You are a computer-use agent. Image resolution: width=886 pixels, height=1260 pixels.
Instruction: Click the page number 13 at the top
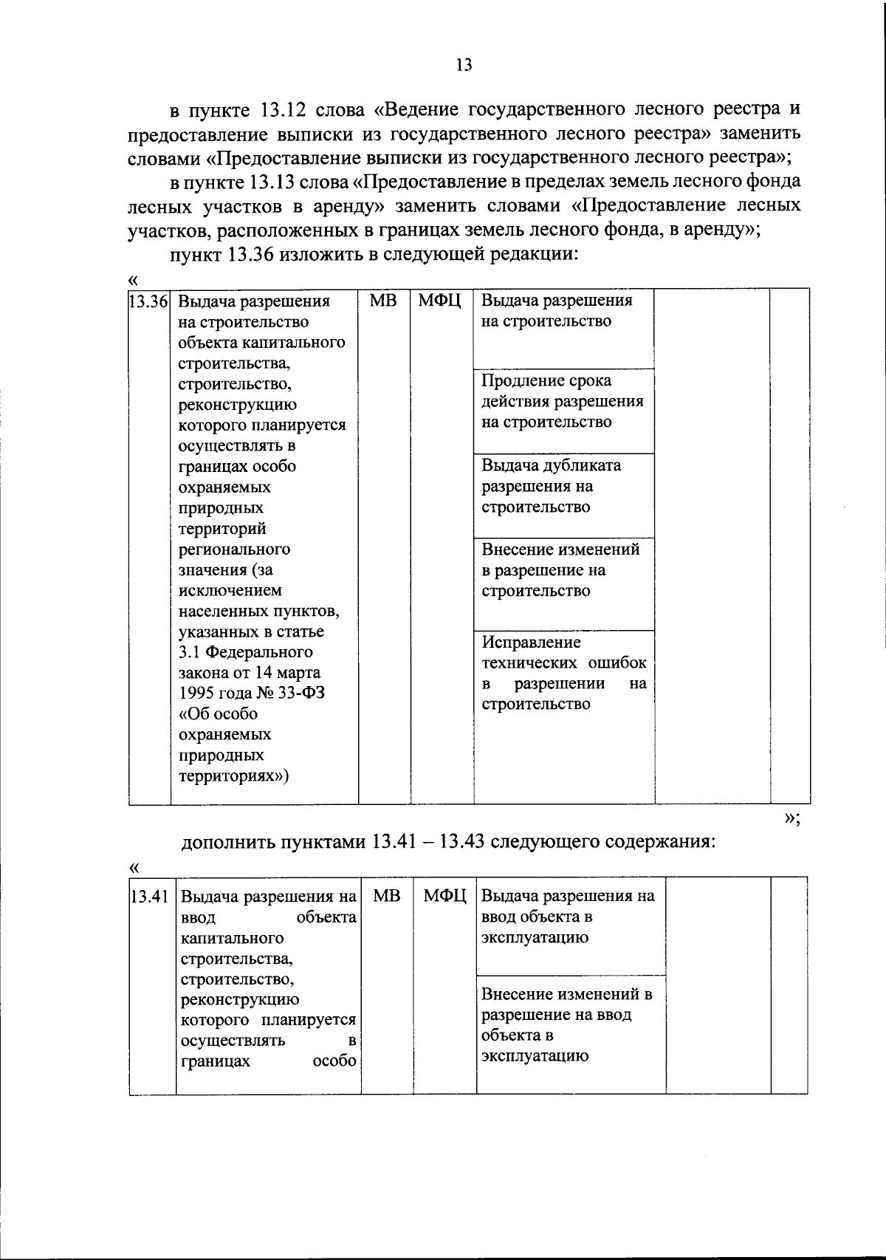[464, 65]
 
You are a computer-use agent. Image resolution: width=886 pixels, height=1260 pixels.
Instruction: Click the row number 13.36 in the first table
[149, 302]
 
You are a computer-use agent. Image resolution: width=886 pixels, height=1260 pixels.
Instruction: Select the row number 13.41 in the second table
[151, 897]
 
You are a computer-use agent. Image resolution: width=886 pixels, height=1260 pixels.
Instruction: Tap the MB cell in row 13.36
[383, 301]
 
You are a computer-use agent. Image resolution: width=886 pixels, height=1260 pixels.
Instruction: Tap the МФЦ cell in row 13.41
[444, 896]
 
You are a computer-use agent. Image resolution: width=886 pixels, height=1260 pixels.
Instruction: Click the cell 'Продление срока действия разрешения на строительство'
[563, 401]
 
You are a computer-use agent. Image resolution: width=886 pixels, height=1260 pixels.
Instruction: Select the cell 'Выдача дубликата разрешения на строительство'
[552, 486]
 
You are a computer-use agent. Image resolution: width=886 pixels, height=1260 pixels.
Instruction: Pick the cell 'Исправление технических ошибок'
[564, 673]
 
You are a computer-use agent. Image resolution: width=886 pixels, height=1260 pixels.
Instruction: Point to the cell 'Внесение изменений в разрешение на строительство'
[560, 570]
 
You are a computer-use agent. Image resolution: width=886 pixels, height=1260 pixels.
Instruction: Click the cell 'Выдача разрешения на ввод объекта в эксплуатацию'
[568, 917]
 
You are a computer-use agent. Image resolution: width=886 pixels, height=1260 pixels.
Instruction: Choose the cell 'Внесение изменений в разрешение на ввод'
[566, 1024]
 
